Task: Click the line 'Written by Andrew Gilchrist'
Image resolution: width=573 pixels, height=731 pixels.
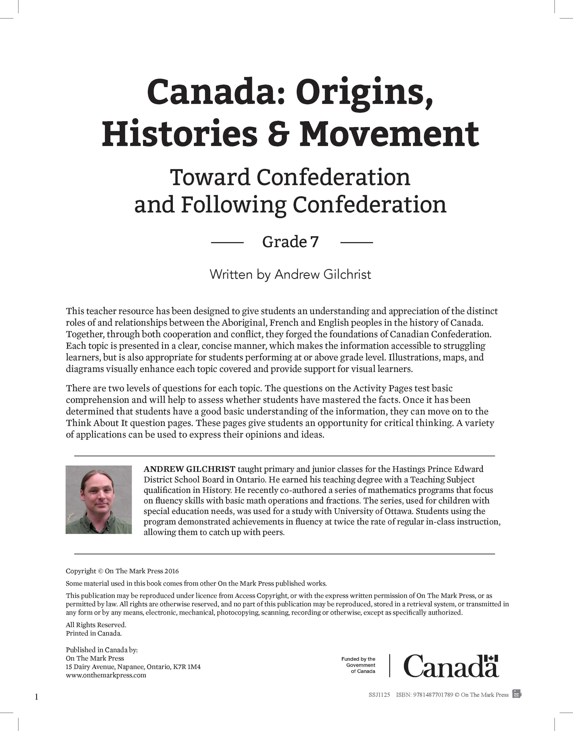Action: [290, 275]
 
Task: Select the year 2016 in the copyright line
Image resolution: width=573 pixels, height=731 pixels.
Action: [172, 571]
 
